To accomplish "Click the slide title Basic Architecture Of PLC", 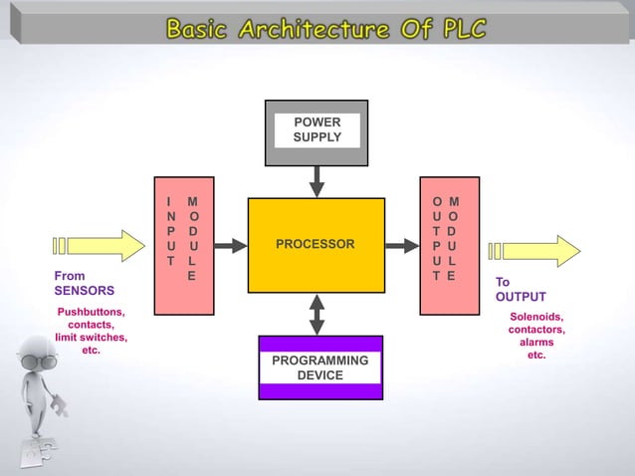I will (x=326, y=29).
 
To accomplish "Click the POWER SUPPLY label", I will (x=317, y=129).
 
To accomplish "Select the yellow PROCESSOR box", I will (x=316, y=245).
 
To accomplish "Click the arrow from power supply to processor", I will (x=317, y=181).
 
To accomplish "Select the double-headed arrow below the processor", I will (x=317, y=315).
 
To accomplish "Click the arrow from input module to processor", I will (x=231, y=245).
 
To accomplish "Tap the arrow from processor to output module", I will (x=402, y=245).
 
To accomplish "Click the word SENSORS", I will (x=84, y=291).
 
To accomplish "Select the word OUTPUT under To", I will (x=520, y=297).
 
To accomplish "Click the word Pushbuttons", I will (x=90, y=312).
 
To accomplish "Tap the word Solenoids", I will (x=536, y=317).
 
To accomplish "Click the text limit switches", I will (x=90, y=338).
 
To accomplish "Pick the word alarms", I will (x=536, y=343).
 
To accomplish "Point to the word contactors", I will (x=536, y=330).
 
